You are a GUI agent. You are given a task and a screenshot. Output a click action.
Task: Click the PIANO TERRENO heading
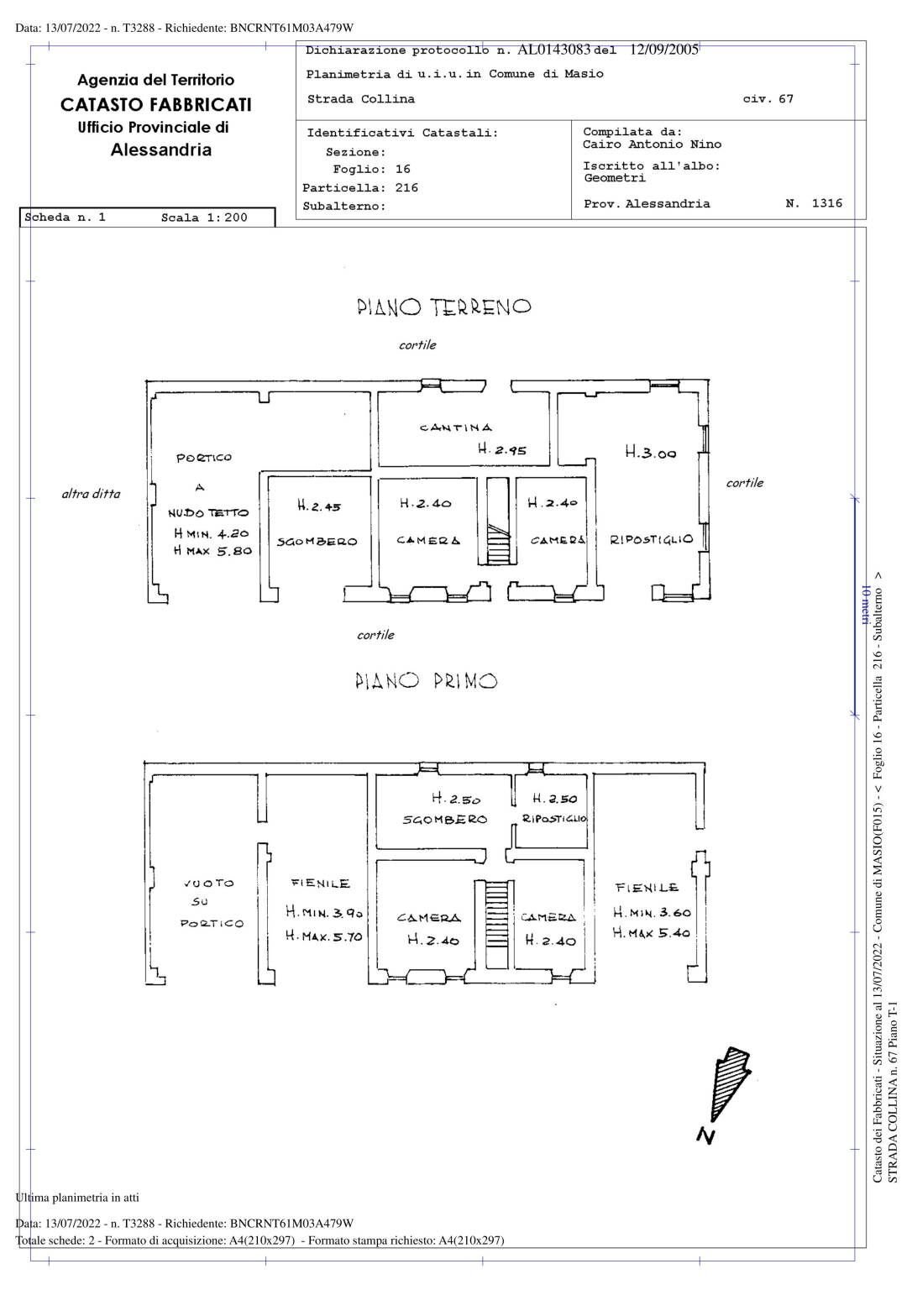[x=443, y=307]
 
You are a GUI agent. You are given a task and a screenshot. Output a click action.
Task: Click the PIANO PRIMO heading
[x=426, y=681]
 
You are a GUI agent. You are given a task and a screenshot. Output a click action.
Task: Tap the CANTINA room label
[x=456, y=428]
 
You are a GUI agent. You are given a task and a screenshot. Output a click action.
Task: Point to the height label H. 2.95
[x=501, y=450]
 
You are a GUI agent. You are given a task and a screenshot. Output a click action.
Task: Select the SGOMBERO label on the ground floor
[x=317, y=542]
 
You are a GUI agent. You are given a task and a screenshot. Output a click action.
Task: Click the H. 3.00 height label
[x=650, y=453]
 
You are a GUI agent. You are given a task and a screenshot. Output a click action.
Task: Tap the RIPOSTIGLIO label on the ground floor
[x=652, y=539]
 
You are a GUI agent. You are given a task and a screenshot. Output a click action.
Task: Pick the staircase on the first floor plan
[x=498, y=924]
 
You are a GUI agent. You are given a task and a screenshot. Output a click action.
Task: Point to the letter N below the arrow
[x=705, y=1136]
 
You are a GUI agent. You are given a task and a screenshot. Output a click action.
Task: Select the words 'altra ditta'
[x=91, y=494]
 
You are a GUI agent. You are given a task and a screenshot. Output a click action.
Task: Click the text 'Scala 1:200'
[x=204, y=218]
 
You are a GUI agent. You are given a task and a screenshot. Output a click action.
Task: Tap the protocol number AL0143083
[x=554, y=50]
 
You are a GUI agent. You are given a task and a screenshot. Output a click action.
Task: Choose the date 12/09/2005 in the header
[x=663, y=50]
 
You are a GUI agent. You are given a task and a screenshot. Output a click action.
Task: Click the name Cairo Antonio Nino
[x=652, y=144]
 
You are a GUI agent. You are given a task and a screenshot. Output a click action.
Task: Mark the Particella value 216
[x=406, y=188]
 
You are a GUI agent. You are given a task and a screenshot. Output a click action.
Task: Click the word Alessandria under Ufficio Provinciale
[x=160, y=150]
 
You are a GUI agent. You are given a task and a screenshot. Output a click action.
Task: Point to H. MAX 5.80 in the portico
[x=212, y=552]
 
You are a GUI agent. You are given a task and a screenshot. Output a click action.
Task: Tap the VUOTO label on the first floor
[x=209, y=884]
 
